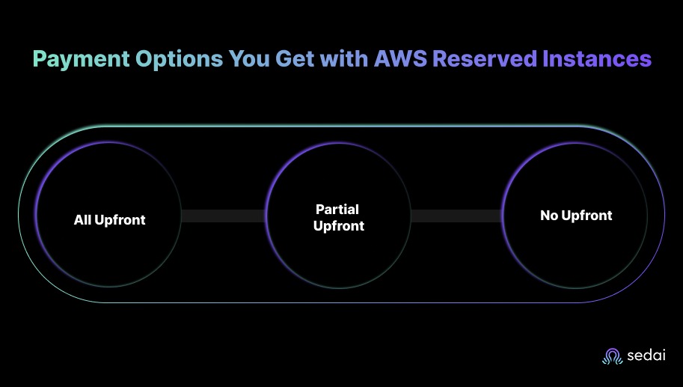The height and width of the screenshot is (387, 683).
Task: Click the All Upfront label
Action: tap(109, 220)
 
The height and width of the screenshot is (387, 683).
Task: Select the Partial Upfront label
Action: tap(339, 218)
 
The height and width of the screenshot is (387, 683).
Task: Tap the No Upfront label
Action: tap(576, 216)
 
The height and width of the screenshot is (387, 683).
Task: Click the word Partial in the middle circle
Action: tap(339, 210)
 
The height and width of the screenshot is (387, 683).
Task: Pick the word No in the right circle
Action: tap(548, 216)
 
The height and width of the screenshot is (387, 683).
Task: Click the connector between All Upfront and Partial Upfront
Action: tap(224, 216)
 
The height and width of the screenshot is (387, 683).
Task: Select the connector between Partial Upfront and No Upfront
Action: tap(456, 216)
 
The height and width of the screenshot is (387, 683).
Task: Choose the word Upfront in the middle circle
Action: tap(339, 226)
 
